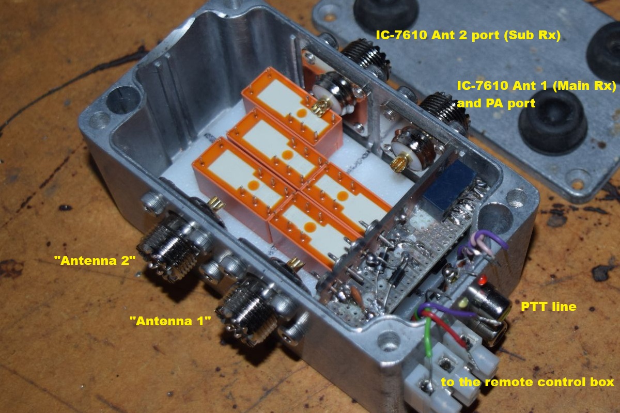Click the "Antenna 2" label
coord(95,261)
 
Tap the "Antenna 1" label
coord(170,321)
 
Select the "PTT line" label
coord(548,307)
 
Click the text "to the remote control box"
coord(528,382)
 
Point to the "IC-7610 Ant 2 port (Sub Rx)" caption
coord(468,35)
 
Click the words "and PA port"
coord(496,103)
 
